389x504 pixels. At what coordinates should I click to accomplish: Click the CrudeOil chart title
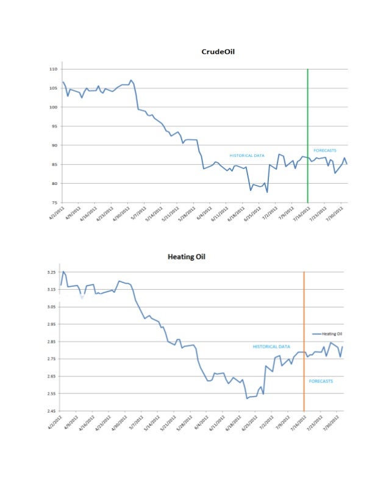(218, 52)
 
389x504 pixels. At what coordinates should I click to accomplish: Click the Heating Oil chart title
(187, 257)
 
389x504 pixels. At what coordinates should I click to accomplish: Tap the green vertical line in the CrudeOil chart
(307, 134)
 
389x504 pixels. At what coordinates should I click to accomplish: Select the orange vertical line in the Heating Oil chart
(304, 342)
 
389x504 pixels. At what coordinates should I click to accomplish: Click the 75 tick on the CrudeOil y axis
(54, 203)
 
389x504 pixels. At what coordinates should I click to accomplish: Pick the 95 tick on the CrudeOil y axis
(54, 126)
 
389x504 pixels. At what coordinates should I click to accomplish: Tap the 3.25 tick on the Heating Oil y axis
(51, 272)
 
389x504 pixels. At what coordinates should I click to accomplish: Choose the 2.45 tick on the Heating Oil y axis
(51, 411)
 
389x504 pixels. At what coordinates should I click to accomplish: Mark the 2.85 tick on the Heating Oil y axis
(51, 342)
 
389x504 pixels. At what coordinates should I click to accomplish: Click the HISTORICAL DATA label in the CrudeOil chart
(246, 156)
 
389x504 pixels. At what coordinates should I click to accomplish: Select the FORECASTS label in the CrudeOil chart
(325, 150)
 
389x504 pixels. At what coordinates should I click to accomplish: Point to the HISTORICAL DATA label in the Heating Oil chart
(271, 347)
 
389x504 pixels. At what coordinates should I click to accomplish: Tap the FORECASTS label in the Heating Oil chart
(321, 381)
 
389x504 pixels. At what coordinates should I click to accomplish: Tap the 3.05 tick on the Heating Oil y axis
(51, 307)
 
